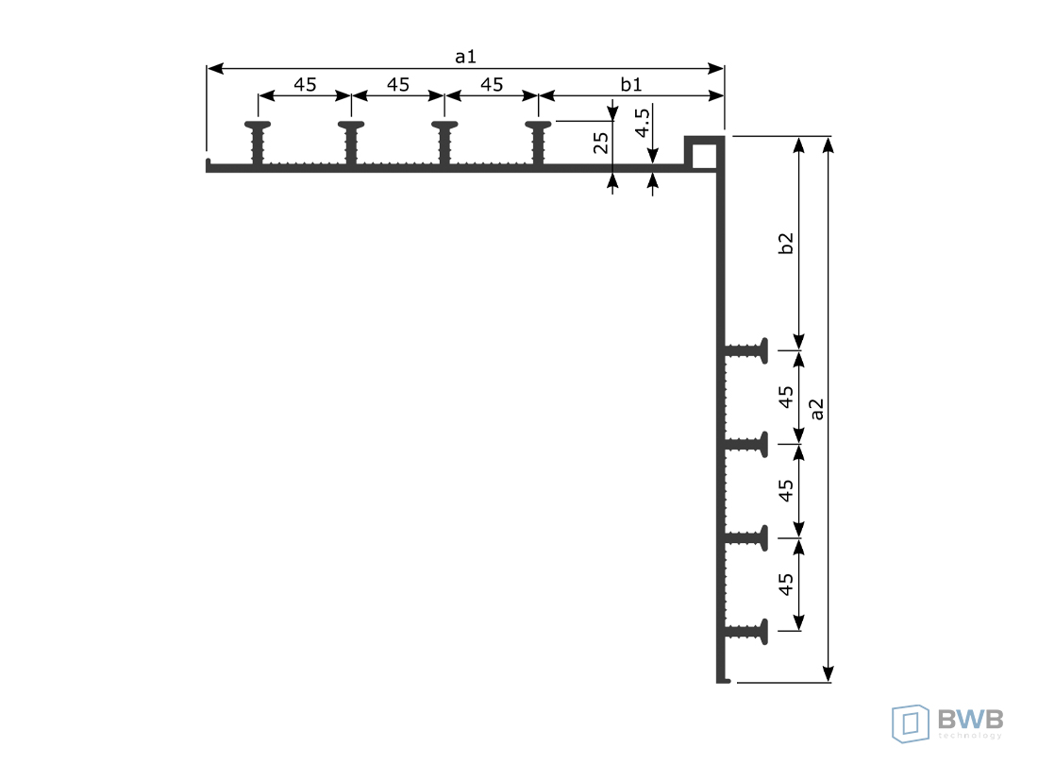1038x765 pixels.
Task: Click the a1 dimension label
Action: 465,57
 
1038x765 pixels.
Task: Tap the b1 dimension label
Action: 631,84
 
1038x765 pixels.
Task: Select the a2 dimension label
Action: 817,409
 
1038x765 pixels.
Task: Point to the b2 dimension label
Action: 785,243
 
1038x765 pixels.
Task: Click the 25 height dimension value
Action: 600,143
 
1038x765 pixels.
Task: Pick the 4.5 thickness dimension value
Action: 642,123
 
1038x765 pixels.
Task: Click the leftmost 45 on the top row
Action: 305,85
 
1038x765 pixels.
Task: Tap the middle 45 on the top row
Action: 398,85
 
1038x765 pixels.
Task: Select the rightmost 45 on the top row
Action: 492,85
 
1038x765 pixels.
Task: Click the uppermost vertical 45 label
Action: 785,397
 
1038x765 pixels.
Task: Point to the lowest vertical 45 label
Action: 785,585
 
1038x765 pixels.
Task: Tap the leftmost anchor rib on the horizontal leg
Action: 258,143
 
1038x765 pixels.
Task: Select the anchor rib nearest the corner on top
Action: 538,143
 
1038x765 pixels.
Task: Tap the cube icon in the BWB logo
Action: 911,723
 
